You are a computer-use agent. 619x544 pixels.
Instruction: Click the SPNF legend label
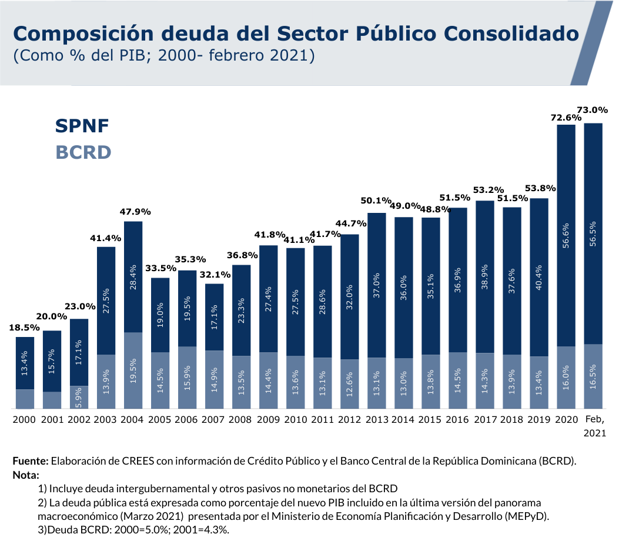[82, 125]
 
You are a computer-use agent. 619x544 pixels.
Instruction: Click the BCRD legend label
[83, 152]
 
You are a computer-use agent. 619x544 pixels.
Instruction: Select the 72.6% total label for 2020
[566, 118]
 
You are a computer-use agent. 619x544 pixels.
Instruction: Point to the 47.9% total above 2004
[133, 211]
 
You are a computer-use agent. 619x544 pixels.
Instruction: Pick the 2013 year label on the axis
[376, 419]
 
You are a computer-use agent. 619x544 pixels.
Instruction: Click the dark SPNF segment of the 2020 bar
[566, 235]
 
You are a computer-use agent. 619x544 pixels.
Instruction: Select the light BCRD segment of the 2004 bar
[133, 371]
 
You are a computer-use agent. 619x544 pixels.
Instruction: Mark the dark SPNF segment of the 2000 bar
[25, 363]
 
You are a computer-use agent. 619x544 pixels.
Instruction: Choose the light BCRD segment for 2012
[350, 384]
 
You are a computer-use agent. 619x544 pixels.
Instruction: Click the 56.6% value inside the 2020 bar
[566, 235]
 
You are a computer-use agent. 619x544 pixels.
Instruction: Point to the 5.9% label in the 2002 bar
[79, 398]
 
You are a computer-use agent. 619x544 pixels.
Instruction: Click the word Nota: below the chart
[25, 474]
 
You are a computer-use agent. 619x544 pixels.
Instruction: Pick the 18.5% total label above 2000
[25, 327]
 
